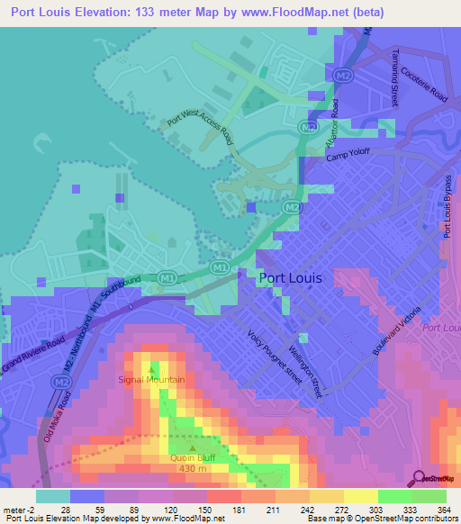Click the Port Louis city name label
(x=290, y=278)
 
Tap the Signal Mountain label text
(x=151, y=380)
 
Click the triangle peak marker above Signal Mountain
(x=151, y=367)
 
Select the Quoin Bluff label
(x=193, y=456)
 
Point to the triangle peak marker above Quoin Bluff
(x=193, y=445)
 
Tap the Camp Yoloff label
(x=348, y=155)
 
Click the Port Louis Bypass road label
(x=447, y=205)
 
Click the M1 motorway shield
(x=218, y=267)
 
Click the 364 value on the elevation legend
(x=444, y=509)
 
